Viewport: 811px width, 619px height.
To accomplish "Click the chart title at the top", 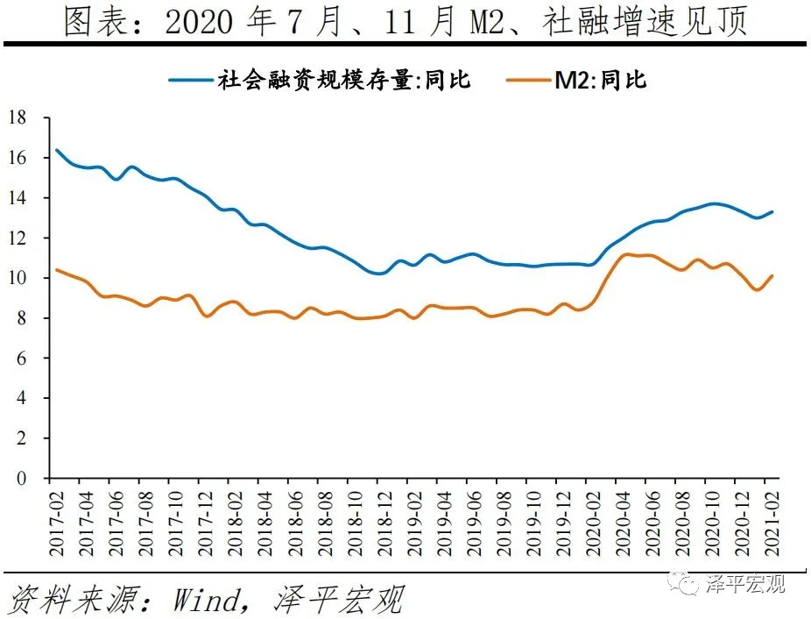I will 405,21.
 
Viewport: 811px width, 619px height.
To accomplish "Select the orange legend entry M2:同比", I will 600,80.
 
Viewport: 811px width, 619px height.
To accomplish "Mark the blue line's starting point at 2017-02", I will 57,150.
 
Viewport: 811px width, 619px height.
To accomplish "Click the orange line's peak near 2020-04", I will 624,254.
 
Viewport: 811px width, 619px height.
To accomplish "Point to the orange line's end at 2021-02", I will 771,276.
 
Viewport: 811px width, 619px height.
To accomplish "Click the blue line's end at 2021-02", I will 771,211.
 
